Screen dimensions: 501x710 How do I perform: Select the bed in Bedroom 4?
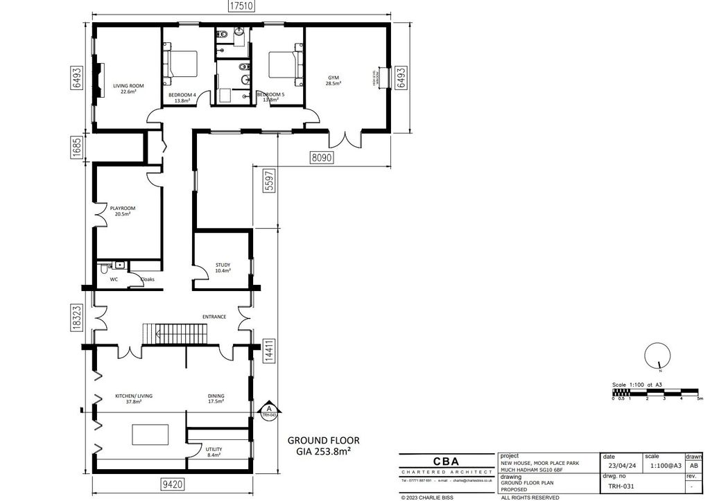tap(182, 64)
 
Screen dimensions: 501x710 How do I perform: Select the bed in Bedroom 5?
tap(285, 64)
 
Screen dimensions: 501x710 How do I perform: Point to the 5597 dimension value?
tap(264, 182)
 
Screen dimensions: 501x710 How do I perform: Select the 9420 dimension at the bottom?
tap(170, 485)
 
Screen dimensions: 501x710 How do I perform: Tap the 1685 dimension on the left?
tap(77, 147)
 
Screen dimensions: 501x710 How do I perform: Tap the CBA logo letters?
tap(447, 462)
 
